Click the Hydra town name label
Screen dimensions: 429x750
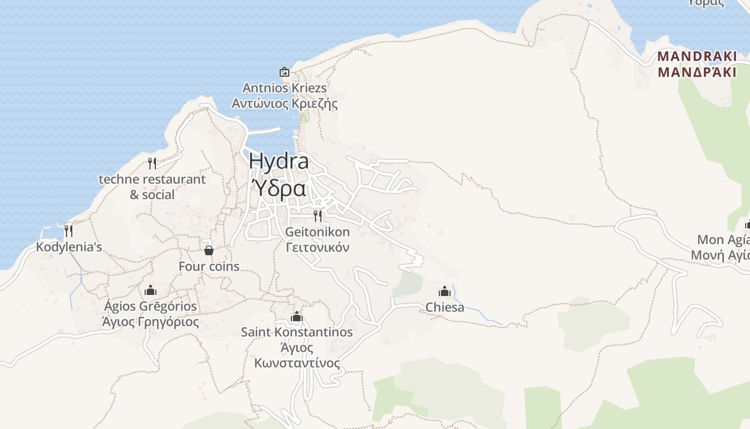pyautogui.click(x=279, y=161)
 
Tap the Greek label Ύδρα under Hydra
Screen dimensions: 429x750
pyautogui.click(x=279, y=189)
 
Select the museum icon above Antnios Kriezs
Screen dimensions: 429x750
pyautogui.click(x=284, y=72)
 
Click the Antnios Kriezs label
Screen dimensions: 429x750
pyautogui.click(x=284, y=88)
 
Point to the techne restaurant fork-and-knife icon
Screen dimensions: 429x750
pyautogui.click(x=152, y=163)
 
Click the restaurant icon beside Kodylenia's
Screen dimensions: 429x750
pyautogui.click(x=69, y=231)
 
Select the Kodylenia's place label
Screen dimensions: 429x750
pyautogui.click(x=69, y=247)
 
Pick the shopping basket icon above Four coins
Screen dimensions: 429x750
pyautogui.click(x=209, y=250)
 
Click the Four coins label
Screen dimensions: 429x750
pyautogui.click(x=209, y=267)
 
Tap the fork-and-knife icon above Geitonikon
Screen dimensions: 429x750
pyautogui.click(x=318, y=216)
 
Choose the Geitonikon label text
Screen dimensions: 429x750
pyautogui.click(x=318, y=232)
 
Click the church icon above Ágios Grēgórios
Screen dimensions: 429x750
pyautogui.click(x=151, y=290)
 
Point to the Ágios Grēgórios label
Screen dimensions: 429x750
pyautogui.click(x=151, y=307)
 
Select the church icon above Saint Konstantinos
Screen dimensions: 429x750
pyautogui.click(x=297, y=316)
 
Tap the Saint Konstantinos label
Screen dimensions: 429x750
pyautogui.click(x=297, y=332)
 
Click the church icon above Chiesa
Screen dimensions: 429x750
pyautogui.click(x=445, y=291)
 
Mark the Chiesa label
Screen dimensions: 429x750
pyautogui.click(x=445, y=307)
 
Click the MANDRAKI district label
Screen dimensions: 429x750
pyautogui.click(x=697, y=56)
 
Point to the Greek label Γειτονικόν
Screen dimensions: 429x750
pyautogui.click(x=318, y=247)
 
